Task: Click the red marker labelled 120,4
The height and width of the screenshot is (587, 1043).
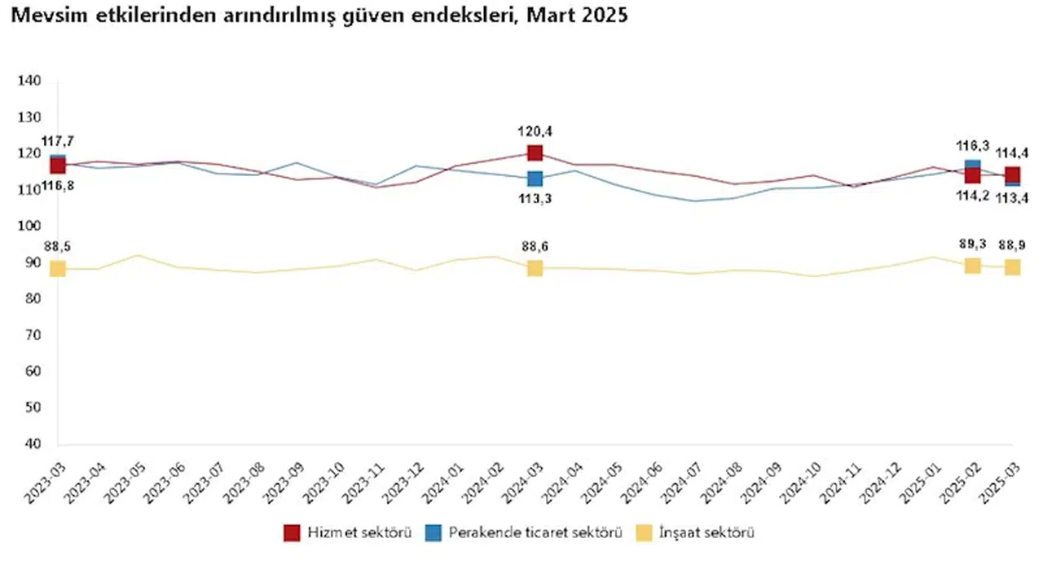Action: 535,152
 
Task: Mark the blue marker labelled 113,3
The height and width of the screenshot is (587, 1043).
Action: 535,179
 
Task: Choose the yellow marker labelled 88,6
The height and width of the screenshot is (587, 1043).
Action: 535,268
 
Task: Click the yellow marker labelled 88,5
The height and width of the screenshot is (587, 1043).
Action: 57,268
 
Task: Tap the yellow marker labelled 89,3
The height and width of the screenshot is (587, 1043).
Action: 972,265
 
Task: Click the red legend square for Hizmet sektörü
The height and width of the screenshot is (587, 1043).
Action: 292,533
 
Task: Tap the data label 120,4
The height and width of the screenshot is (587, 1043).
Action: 535,131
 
